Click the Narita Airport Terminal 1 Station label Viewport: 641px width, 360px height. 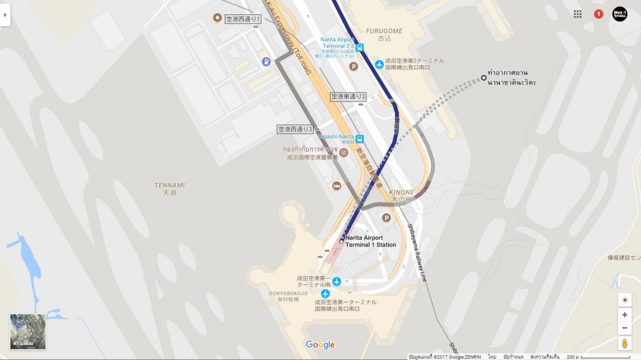pos(371,241)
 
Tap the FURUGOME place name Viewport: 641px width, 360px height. pos(384,31)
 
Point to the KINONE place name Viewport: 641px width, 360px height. pos(401,192)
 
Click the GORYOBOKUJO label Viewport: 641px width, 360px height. pos(288,293)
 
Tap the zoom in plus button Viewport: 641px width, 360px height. pos(625,315)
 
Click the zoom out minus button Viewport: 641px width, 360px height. pos(625,329)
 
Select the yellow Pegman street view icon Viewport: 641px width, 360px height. pos(625,343)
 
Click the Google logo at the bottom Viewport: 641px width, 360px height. pos(320,345)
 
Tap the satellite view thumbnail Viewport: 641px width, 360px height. pos(28,332)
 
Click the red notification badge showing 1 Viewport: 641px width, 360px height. pos(598,14)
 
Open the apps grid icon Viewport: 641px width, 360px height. pos(578,14)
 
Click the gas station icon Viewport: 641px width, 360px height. pos(267,61)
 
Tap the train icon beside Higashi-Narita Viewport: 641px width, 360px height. pos(359,139)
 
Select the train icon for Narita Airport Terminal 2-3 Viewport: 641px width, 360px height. pos(359,46)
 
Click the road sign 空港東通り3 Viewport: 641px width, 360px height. pos(348,96)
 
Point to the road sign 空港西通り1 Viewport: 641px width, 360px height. pos(243,19)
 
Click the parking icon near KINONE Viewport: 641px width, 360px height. pos(386,217)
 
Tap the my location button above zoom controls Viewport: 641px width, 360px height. pos(625,300)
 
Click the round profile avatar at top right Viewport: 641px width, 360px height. pos(620,14)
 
